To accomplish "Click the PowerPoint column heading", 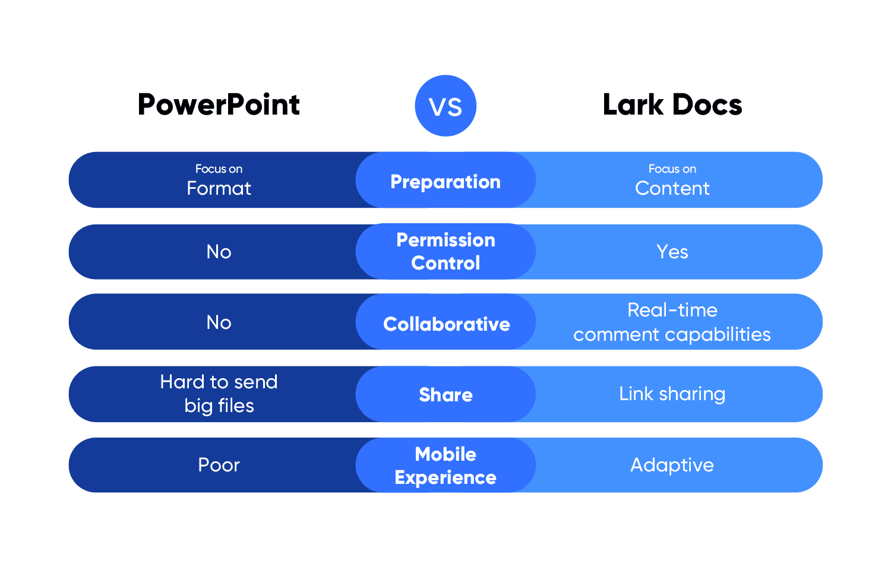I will [x=219, y=105].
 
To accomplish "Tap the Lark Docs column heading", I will [x=672, y=105].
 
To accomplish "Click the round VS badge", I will [x=445, y=106].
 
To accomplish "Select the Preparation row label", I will [x=445, y=181].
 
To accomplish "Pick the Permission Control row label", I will [x=445, y=251].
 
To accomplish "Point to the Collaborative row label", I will [x=446, y=324].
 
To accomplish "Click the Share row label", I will [x=445, y=394].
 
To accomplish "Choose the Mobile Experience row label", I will [x=445, y=465].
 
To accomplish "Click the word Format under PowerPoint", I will [x=219, y=188].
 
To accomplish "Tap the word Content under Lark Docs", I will [x=672, y=188].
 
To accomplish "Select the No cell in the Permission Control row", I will [x=219, y=252].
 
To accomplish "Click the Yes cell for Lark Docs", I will [x=672, y=252].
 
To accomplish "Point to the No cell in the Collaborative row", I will [x=219, y=322].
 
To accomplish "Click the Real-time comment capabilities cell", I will [x=672, y=322].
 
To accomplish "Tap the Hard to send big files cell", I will [x=219, y=393].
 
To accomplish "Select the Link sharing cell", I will [x=672, y=394].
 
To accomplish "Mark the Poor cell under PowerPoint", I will [x=219, y=465].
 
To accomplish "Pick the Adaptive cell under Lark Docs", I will [x=672, y=465].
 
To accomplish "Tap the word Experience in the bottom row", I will [x=445, y=477].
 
